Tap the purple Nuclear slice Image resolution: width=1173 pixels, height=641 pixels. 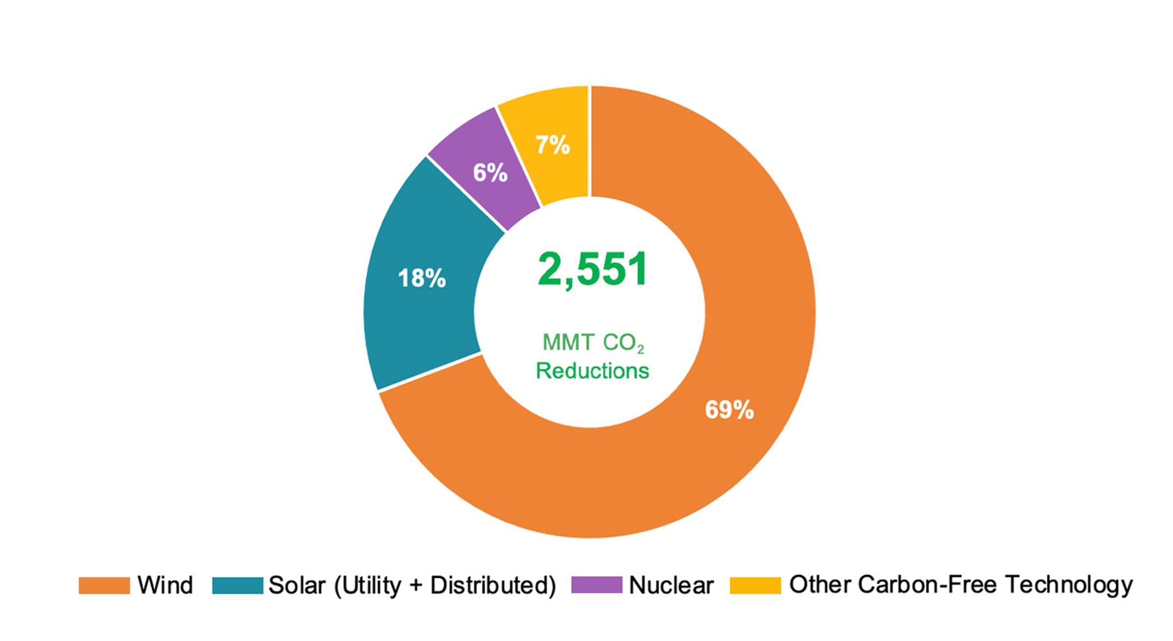(479, 158)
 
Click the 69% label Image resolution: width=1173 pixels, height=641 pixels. (729, 410)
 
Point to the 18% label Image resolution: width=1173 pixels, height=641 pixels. (422, 278)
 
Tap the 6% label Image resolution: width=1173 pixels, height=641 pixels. (490, 173)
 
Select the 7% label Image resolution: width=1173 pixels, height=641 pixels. (552, 145)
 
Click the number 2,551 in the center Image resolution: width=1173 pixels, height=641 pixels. (592, 269)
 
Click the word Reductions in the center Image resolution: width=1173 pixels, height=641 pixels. (592, 371)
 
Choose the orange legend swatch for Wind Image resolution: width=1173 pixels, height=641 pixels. (104, 585)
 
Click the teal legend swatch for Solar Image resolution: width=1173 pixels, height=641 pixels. (237, 585)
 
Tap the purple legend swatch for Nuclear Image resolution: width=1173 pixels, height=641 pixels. (596, 585)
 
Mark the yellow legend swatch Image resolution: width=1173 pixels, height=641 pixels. (755, 585)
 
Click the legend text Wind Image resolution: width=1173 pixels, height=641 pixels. (165, 585)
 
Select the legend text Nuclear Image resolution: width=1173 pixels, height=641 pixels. (671, 585)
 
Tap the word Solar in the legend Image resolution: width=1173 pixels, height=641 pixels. (297, 585)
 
